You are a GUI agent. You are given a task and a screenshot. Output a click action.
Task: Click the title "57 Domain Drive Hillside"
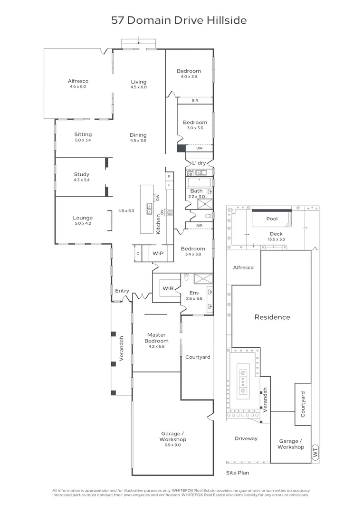pyautogui.click(x=179, y=20)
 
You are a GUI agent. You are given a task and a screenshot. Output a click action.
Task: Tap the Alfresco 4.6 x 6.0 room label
pyautogui.click(x=78, y=84)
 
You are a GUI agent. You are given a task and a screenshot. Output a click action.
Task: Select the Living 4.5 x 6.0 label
pyautogui.click(x=139, y=84)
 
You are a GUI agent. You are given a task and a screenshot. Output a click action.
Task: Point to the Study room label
pyautogui.click(x=82, y=177)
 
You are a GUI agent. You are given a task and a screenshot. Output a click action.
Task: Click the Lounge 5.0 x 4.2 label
pyautogui.click(x=82, y=220)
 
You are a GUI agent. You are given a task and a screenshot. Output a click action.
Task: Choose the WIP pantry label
pyautogui.click(x=158, y=254)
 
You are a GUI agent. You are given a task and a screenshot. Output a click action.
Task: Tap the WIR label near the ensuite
pyautogui.click(x=168, y=288)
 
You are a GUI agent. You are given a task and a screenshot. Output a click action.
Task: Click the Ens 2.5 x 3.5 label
pyautogui.click(x=194, y=295)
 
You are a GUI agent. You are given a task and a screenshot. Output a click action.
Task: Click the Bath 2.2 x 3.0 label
pyautogui.click(x=196, y=193)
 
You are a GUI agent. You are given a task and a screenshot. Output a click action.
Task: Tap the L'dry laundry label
pyautogui.click(x=199, y=163)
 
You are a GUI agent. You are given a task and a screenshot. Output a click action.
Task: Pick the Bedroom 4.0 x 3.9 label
pyautogui.click(x=189, y=74)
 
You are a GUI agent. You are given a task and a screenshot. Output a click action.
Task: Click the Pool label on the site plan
pyautogui.click(x=272, y=219)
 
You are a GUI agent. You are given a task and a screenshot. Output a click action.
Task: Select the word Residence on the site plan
pyautogui.click(x=272, y=317)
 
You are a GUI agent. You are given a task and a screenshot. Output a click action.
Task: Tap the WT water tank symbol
pyautogui.click(x=315, y=453)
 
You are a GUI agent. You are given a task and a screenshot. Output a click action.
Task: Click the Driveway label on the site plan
pyautogui.click(x=246, y=438)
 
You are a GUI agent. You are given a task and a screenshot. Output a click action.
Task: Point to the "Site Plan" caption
pyautogui.click(x=237, y=473)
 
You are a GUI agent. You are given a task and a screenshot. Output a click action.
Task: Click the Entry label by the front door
pyautogui.click(x=122, y=291)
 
